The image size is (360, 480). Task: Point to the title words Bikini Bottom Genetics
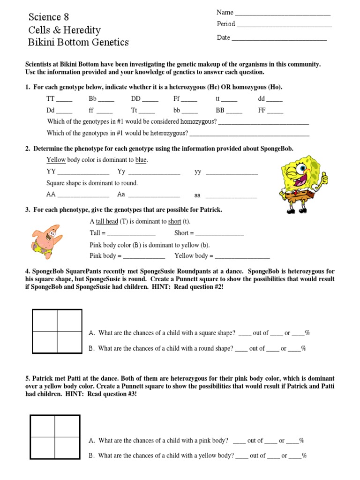[x=78, y=43]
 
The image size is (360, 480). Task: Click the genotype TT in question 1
[x=51, y=99]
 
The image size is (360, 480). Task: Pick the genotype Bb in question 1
[x=92, y=99]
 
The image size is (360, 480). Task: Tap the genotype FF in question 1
[x=262, y=111]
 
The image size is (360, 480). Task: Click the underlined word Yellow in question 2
[x=56, y=160]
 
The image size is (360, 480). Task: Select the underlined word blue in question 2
[x=141, y=160]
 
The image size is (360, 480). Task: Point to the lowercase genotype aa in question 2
[x=197, y=195]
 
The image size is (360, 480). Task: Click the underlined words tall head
[x=107, y=221]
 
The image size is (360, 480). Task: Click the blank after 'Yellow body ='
[x=242, y=256]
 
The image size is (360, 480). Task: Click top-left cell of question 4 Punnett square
[x=45, y=321]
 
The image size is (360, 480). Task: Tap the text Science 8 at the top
[x=48, y=17]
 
